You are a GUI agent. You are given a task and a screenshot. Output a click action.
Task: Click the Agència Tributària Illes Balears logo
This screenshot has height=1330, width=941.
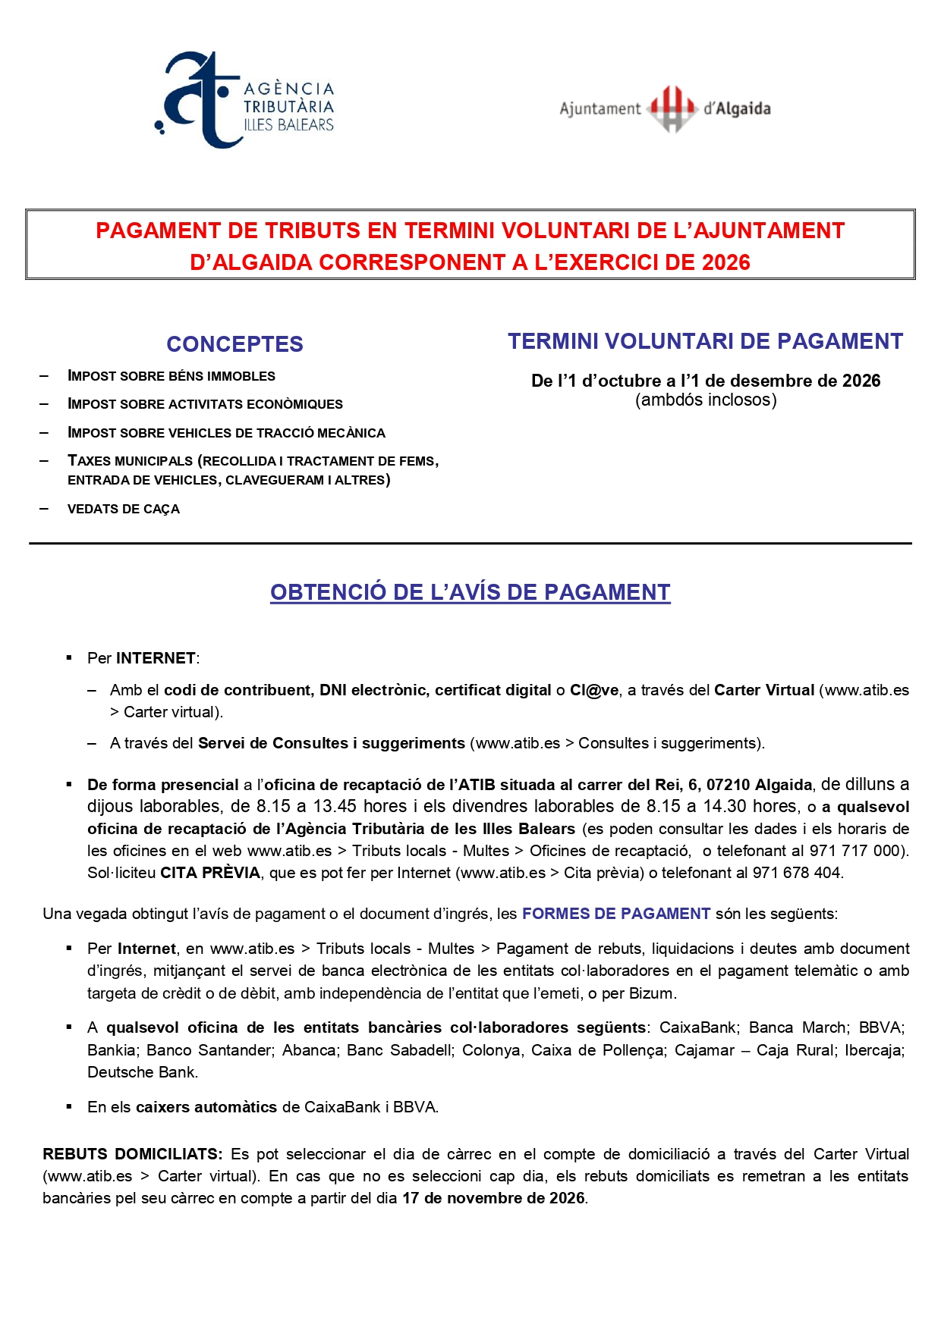coord(244,101)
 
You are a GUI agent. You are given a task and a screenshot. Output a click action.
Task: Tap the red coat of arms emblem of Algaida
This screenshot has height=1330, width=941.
coord(672,108)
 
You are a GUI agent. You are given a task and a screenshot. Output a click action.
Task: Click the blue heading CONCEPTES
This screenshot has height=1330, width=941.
coord(234,344)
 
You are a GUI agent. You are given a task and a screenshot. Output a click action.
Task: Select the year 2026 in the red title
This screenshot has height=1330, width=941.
coord(726,262)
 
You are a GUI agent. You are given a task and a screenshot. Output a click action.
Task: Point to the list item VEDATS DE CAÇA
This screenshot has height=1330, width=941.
coord(124,509)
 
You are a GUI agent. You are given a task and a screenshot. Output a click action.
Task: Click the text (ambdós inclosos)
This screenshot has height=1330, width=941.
coord(706,400)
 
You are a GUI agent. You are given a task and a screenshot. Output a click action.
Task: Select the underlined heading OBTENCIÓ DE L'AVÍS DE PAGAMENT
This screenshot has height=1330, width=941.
coord(470,592)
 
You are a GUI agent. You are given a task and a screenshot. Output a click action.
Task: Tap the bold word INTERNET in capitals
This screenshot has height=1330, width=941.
coord(156,658)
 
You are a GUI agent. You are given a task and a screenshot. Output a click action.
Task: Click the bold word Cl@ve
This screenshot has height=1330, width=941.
coord(594,690)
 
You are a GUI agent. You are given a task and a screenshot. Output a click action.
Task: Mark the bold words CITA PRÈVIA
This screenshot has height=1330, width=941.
coord(210,873)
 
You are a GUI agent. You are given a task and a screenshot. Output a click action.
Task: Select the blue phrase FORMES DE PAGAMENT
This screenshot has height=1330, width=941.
coord(616,914)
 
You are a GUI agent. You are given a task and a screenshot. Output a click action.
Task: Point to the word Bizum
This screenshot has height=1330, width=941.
coord(652,993)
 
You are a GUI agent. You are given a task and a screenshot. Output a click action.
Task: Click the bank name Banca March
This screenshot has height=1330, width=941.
coord(798,1028)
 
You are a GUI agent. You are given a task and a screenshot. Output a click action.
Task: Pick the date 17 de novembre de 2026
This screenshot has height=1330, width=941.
coord(493,1198)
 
